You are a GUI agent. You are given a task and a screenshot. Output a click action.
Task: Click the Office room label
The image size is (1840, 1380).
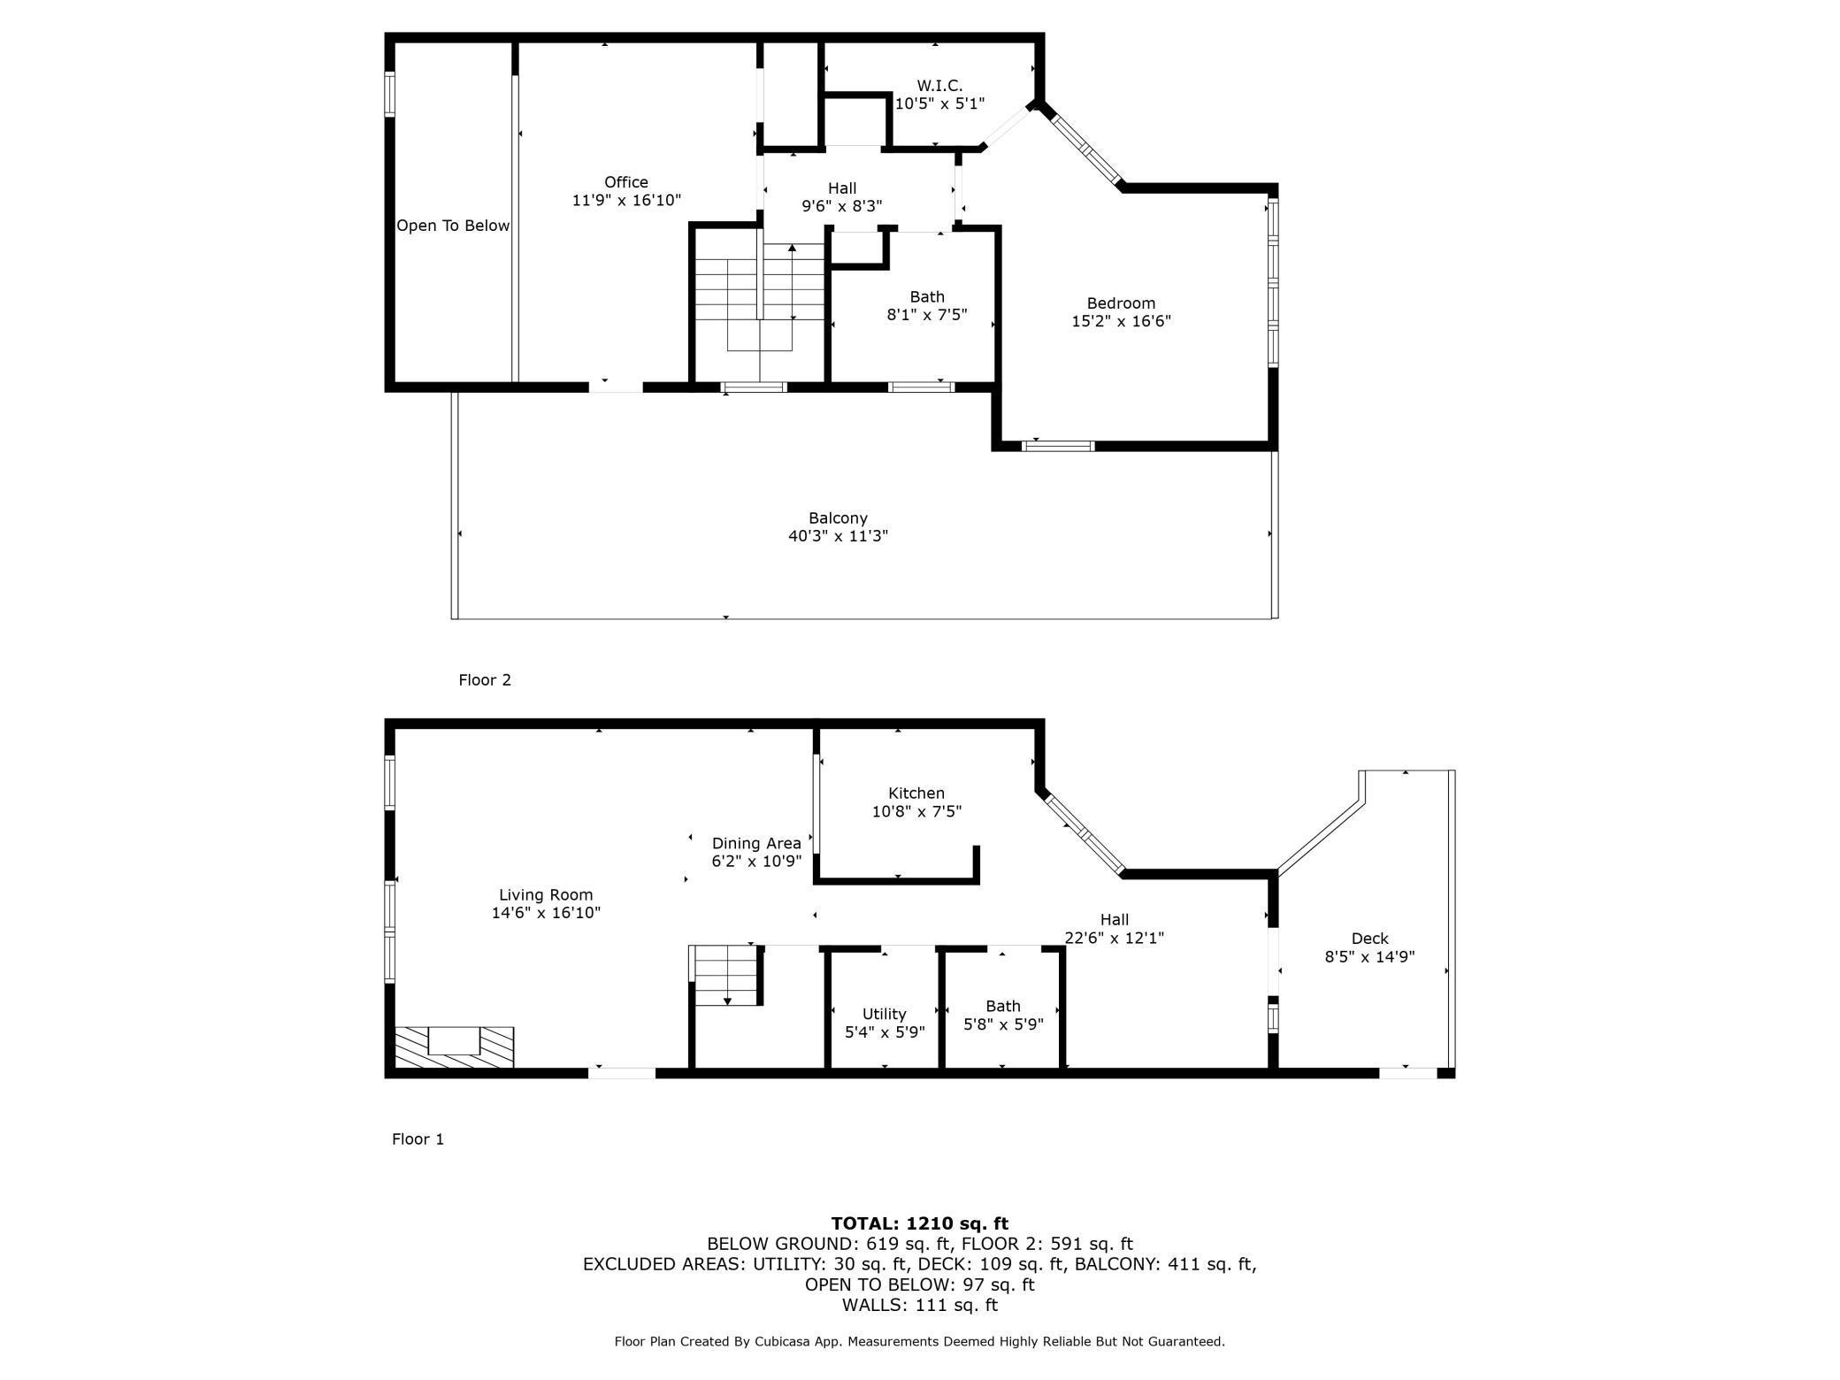[626, 182]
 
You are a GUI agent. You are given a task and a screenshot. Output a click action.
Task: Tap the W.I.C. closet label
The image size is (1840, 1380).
[939, 86]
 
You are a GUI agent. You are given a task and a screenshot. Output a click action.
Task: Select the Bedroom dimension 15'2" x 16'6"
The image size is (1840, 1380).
[1121, 321]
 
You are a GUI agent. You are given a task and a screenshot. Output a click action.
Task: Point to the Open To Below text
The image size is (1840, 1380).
[453, 226]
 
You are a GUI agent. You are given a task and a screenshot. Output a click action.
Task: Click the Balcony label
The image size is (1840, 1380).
[838, 517]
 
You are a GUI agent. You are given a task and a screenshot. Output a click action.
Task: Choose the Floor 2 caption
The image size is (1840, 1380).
[485, 679]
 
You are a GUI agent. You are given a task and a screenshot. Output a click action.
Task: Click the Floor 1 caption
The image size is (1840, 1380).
[418, 1138]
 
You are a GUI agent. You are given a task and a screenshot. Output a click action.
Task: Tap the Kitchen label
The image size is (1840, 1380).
[916, 793]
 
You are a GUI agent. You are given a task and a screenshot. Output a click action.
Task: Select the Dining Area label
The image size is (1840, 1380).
[756, 843]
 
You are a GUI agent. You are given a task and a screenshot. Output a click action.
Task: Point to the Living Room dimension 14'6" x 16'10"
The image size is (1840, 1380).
[546, 913]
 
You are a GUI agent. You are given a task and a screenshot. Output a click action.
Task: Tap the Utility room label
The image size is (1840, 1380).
[884, 1014]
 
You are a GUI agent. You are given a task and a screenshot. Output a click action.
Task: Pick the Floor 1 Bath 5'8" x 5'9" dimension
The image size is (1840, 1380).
[1003, 1024]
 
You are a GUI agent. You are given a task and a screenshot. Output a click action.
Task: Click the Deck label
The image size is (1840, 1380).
[1369, 938]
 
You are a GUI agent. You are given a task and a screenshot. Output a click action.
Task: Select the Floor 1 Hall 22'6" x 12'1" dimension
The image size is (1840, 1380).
[1114, 938]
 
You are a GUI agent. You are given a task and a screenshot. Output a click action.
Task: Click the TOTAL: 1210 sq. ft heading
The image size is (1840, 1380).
[919, 1223]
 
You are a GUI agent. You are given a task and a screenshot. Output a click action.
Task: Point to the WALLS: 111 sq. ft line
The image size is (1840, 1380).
[919, 1305]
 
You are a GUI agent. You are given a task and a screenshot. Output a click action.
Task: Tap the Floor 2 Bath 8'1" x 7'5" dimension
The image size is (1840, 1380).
[927, 314]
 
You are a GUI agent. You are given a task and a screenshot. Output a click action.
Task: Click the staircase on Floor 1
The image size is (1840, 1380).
[726, 975]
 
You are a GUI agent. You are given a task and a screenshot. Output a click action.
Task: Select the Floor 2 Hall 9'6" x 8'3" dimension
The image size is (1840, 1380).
[842, 206]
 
